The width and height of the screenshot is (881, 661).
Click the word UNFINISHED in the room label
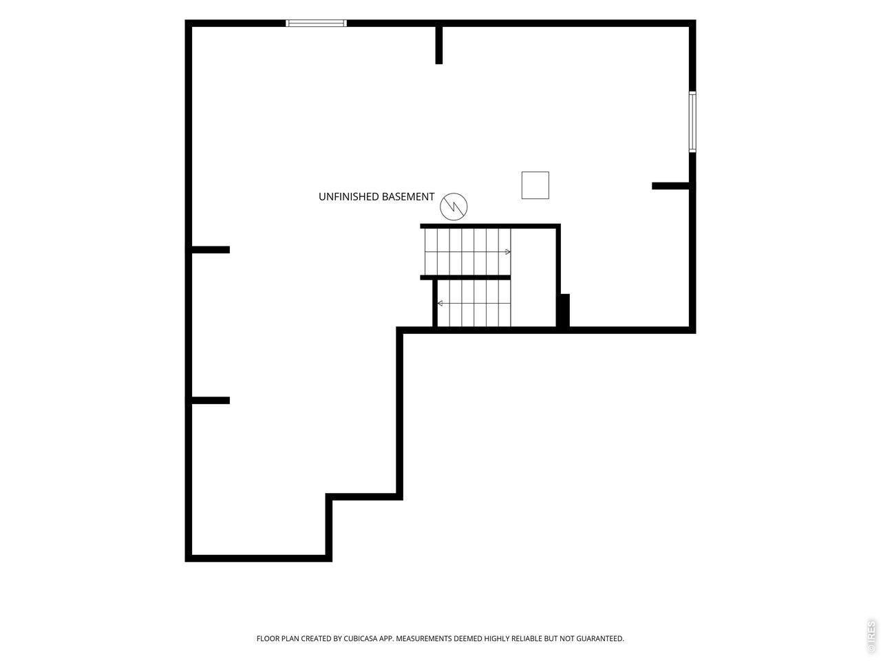point(348,197)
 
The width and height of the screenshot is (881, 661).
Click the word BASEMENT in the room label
point(407,197)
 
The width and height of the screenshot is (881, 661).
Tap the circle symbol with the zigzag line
point(454,207)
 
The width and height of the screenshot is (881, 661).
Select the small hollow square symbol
point(535,185)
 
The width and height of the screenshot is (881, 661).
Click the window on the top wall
point(316,23)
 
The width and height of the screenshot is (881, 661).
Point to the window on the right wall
point(692,122)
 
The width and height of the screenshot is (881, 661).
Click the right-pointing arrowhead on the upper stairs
point(508,252)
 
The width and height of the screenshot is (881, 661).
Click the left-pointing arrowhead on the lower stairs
point(440,304)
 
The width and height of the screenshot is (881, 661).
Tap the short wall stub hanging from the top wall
point(439,45)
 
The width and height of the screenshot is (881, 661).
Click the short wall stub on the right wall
point(670,186)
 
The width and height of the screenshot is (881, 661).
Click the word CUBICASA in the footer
point(361,638)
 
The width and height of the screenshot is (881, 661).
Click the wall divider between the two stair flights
point(465,277)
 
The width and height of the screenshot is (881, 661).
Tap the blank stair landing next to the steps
point(533,277)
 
